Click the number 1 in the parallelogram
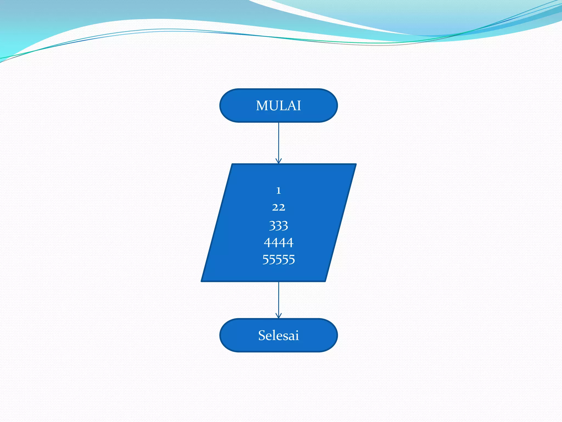click(x=279, y=190)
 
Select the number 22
click(x=279, y=207)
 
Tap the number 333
click(x=279, y=226)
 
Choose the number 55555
click(x=279, y=260)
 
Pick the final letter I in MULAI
click(x=299, y=106)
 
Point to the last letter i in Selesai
click(x=297, y=335)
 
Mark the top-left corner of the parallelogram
click(x=232, y=164)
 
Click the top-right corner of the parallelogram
click(x=356, y=164)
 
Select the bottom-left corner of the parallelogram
click(x=202, y=281)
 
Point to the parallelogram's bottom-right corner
click(x=325, y=281)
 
